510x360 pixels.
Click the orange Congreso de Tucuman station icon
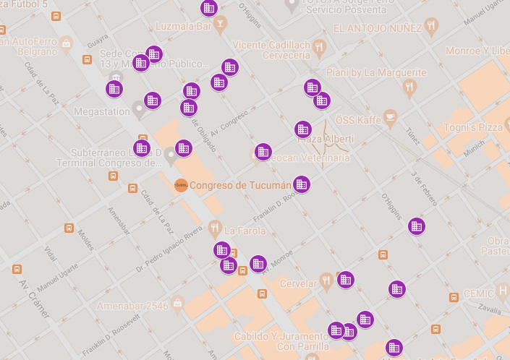pyautogui.click(x=181, y=185)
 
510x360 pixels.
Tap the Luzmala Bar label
pyautogui.click(x=183, y=26)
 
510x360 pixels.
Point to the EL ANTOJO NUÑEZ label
pyautogui.click(x=376, y=29)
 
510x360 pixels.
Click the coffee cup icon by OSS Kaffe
pyautogui.click(x=391, y=116)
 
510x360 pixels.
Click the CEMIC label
pyautogui.click(x=480, y=293)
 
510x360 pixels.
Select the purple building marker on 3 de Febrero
pyautogui.click(x=416, y=226)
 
